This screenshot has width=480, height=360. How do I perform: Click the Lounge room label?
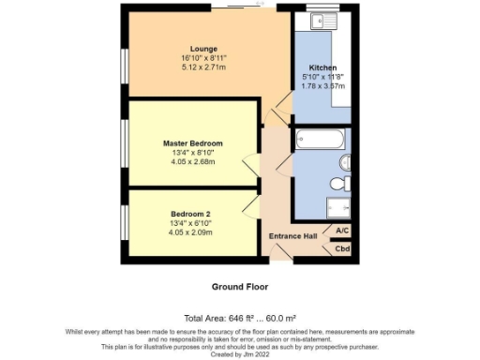pyautogui.click(x=203, y=49)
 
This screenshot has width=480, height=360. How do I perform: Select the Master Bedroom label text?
pyautogui.click(x=192, y=143)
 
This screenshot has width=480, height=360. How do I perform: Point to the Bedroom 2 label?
pyautogui.click(x=191, y=215)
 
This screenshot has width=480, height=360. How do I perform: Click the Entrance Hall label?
pyautogui.click(x=292, y=235)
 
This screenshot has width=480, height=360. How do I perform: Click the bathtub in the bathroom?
pyautogui.click(x=319, y=141)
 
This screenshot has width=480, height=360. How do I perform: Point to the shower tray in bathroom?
pyautogui.click(x=338, y=208)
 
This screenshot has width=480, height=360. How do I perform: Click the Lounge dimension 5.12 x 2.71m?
pyautogui.click(x=203, y=68)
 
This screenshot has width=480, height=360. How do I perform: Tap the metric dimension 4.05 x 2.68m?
pyautogui.click(x=192, y=161)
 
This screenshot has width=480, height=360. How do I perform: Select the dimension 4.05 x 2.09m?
pyautogui.click(x=191, y=232)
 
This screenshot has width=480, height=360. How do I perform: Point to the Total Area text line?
pyautogui.click(x=240, y=319)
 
